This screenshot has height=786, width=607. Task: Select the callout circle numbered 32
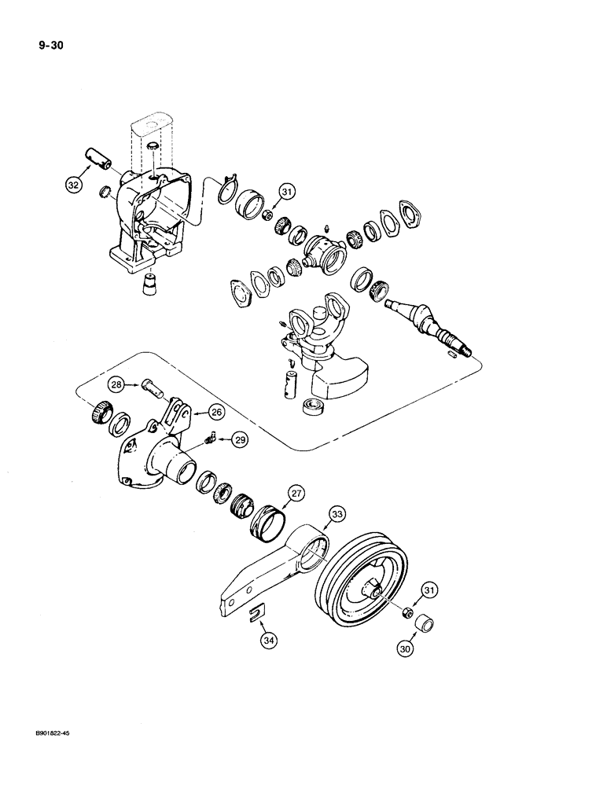click(x=74, y=185)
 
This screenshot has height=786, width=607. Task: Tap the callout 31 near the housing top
click(x=286, y=192)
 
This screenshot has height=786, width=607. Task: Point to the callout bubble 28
click(x=116, y=384)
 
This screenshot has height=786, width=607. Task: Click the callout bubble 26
click(x=215, y=410)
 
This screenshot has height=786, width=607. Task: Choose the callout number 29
click(x=239, y=440)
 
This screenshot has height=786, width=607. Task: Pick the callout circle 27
click(x=296, y=494)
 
